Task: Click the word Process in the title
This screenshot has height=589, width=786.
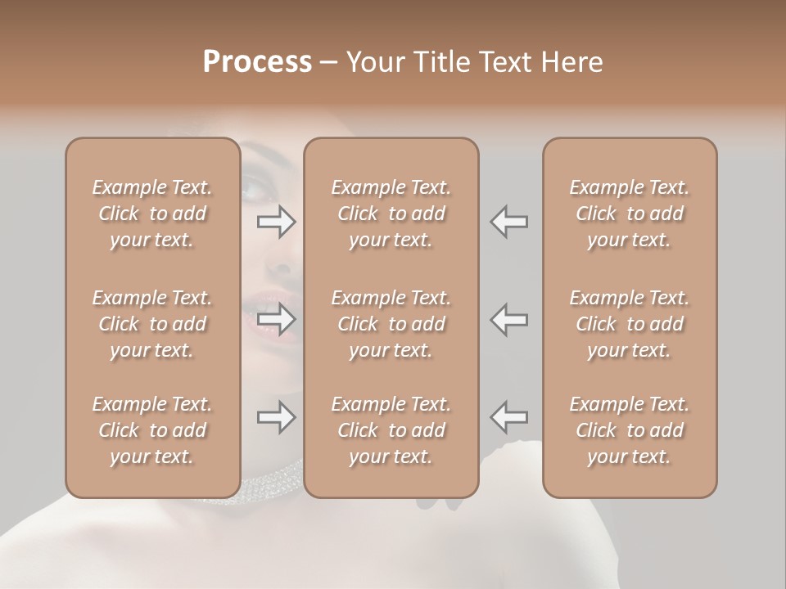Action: pyautogui.click(x=257, y=62)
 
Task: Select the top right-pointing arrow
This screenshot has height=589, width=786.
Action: pyautogui.click(x=277, y=222)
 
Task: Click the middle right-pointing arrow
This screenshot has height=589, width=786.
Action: pyautogui.click(x=277, y=319)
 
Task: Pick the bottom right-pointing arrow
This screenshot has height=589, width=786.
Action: pyautogui.click(x=277, y=417)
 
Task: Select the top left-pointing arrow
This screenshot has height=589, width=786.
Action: pyautogui.click(x=508, y=222)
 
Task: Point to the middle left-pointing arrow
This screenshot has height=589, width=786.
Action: pyautogui.click(x=508, y=319)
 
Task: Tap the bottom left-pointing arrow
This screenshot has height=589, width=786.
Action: pyautogui.click(x=508, y=417)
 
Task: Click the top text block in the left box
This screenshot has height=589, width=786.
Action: pyautogui.click(x=152, y=214)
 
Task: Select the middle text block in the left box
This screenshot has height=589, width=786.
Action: pyautogui.click(x=152, y=324)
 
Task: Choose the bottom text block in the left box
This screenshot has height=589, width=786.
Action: pyautogui.click(x=152, y=430)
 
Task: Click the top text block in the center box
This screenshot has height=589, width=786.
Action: pyautogui.click(x=391, y=214)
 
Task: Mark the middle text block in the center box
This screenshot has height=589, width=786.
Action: pyautogui.click(x=391, y=324)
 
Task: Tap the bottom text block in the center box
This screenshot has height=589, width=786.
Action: pyautogui.click(x=391, y=430)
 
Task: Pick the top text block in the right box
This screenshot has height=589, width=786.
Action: pyautogui.click(x=629, y=214)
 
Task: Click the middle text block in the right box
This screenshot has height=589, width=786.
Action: pyautogui.click(x=629, y=324)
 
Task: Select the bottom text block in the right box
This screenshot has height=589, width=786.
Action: pyautogui.click(x=629, y=430)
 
